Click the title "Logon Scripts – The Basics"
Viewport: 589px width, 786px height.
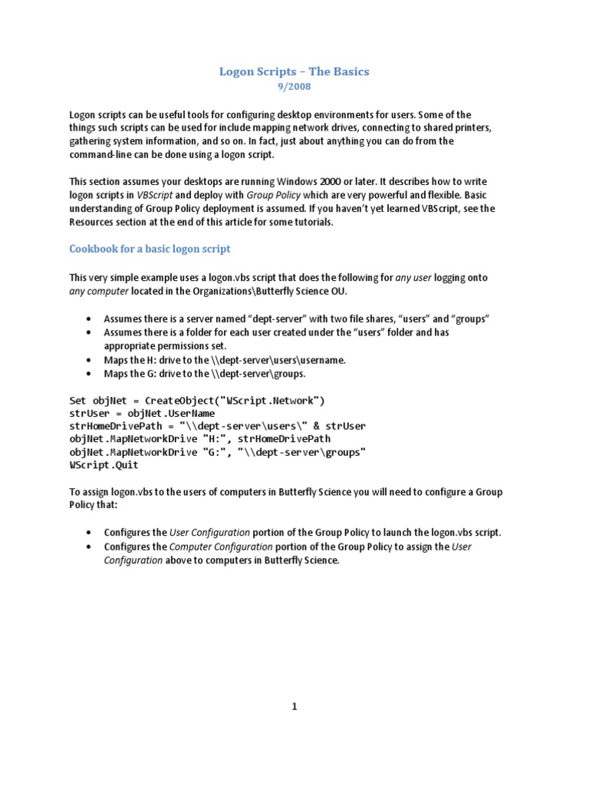(294, 71)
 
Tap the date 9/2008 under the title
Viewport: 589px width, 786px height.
(294, 88)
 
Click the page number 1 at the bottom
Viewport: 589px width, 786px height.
(294, 708)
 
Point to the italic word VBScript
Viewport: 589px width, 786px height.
(153, 196)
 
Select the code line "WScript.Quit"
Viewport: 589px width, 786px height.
(105, 465)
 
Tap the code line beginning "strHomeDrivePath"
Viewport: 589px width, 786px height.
(217, 426)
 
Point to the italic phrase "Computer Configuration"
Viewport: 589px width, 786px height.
(220, 547)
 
